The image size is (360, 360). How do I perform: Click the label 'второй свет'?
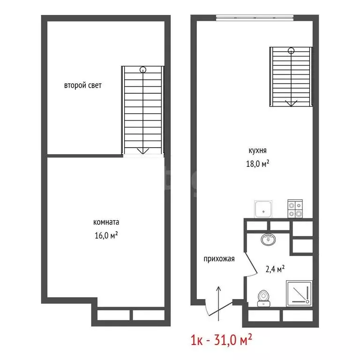coord(83,86)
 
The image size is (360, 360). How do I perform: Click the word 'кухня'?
coord(258,151)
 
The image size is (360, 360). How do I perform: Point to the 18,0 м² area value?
coord(258,164)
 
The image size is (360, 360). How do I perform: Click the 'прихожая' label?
coord(219,258)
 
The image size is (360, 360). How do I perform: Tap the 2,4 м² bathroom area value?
coord(275,269)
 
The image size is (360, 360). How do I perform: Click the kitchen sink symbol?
coord(263,209)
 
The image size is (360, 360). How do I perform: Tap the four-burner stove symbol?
coord(295,209)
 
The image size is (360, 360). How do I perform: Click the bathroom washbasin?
coord(268,239)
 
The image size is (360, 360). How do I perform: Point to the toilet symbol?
coord(263,297)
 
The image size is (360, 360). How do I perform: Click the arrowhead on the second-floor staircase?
coord(142,150)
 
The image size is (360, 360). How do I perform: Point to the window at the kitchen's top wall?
coord(255,18)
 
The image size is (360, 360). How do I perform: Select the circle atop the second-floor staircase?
coord(142,70)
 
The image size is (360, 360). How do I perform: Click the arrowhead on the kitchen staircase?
coord(291,103)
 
